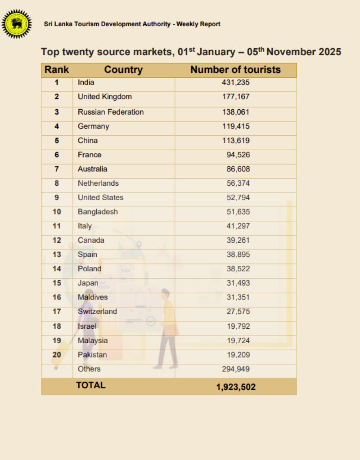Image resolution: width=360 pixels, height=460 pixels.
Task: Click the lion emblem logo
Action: pos(17,23)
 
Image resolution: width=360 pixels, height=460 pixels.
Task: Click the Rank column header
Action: pos(57,70)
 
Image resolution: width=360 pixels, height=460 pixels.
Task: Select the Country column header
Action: pos(123,70)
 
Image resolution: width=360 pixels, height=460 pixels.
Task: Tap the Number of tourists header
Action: pos(235,70)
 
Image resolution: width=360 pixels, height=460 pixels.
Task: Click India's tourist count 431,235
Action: pos(235,82)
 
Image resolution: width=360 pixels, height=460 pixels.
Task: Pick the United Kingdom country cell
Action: pos(104,97)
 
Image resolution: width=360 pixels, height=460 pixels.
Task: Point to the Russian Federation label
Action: pos(111,112)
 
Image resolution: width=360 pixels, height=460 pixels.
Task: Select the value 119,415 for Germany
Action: pos(235,126)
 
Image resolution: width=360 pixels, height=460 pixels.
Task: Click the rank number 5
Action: pos(57,140)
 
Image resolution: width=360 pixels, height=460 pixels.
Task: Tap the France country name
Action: pos(90,155)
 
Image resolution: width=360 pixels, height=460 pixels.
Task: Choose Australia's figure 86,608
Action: pos(238,169)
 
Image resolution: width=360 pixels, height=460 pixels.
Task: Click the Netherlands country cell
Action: pos(98,183)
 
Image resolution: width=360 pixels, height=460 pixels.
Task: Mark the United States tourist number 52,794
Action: pos(238,197)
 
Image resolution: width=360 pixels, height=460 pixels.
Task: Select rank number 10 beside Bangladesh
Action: pos(57,212)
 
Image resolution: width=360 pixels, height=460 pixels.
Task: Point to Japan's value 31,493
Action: pos(238,283)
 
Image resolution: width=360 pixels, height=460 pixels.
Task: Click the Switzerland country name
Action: pos(97,311)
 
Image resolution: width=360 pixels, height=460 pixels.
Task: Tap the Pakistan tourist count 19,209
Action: pos(238,355)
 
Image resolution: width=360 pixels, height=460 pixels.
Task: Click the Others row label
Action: pos(89,369)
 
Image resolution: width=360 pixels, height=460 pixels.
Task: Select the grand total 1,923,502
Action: pos(235,387)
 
